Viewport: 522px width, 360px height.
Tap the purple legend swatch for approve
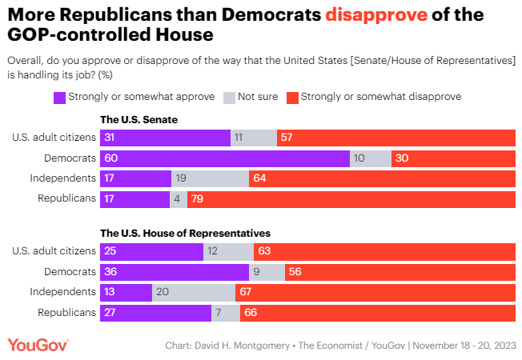click(59, 97)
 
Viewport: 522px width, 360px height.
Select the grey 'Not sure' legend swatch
click(228, 97)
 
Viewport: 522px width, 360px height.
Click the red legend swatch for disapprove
click(292, 97)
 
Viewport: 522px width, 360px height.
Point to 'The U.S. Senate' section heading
click(138, 119)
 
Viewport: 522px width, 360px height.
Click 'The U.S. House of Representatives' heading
click(184, 233)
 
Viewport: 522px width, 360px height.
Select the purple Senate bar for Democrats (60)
click(225, 158)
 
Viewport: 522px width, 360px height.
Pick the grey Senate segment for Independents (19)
click(210, 178)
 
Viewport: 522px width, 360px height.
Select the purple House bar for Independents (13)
click(126, 292)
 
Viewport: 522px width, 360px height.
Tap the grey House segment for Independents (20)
click(193, 292)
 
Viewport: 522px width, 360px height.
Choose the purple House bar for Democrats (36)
click(175, 272)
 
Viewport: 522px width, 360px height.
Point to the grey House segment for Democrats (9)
click(267, 272)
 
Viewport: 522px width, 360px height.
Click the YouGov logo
click(38, 344)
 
